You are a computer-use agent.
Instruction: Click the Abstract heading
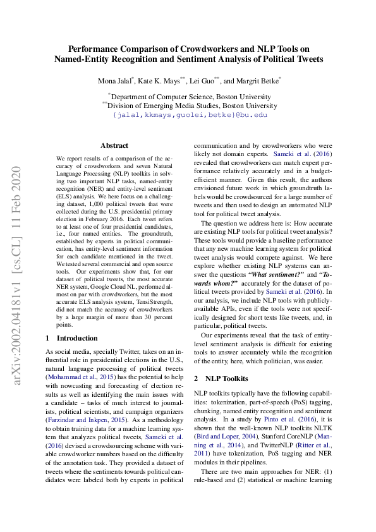(x=114, y=145)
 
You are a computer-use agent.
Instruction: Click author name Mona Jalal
(x=114, y=82)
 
